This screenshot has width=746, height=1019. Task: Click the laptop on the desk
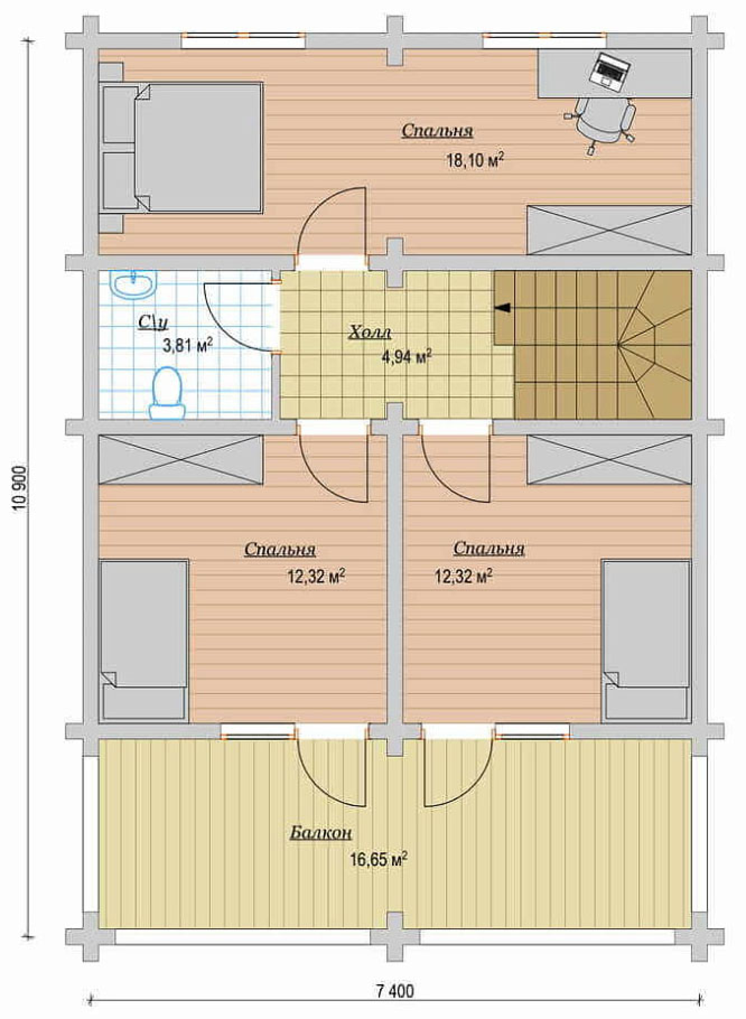[x=610, y=70]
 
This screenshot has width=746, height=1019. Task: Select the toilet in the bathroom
[x=167, y=393]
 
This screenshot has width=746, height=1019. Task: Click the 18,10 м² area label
[x=475, y=160]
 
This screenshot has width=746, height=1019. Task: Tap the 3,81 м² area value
[x=187, y=346]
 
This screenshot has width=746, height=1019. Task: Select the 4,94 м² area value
[x=406, y=358]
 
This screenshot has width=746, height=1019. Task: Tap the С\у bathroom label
[x=154, y=322]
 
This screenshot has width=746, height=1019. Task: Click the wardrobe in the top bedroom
[x=609, y=230]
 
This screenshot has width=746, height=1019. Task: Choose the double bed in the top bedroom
[x=181, y=147]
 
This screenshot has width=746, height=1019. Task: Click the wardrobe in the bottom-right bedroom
[x=609, y=460]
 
